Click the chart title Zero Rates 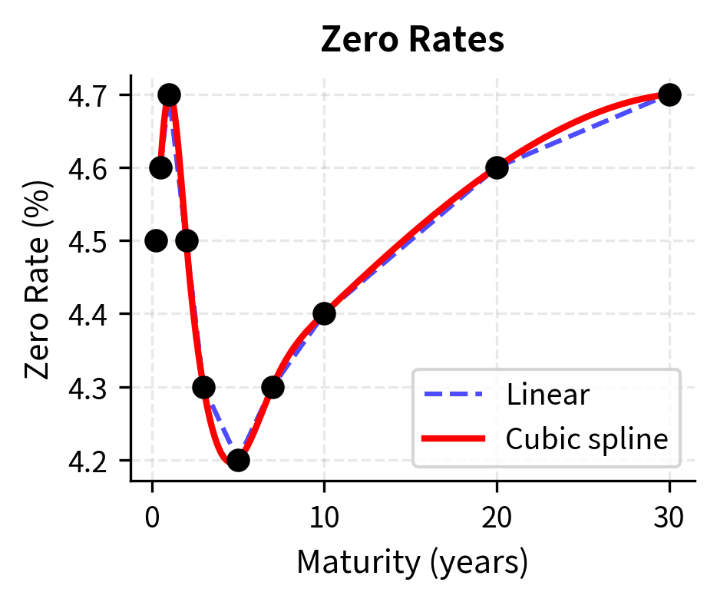[412, 40]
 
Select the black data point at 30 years [669, 95]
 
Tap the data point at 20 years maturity [497, 168]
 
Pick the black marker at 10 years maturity [324, 313]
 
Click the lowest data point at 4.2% [238, 460]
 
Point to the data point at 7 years [273, 387]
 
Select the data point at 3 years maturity [203, 387]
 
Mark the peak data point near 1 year [169, 95]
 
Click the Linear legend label [547, 395]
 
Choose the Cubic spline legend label [586, 439]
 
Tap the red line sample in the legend [453, 439]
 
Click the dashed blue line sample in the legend [453, 395]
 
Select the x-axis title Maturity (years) [412, 564]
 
